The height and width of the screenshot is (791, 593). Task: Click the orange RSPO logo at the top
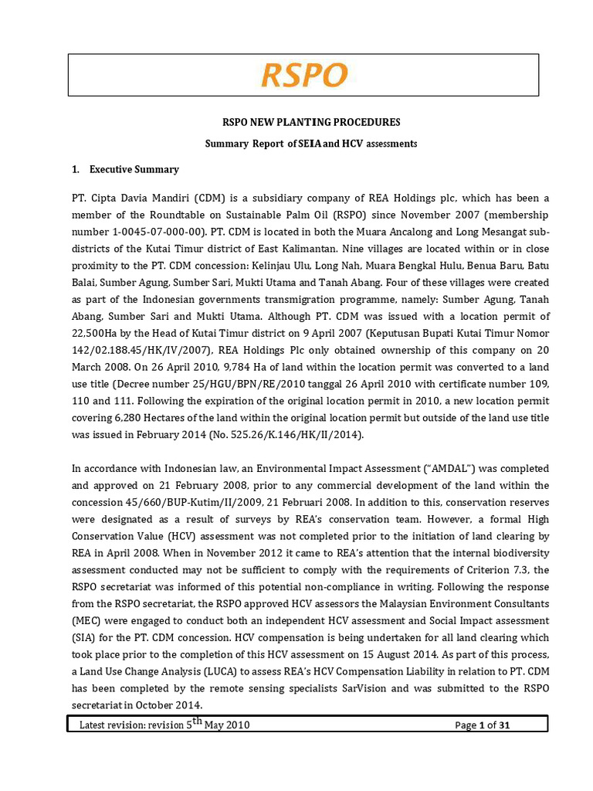(304, 76)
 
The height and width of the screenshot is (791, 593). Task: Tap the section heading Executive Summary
(134, 169)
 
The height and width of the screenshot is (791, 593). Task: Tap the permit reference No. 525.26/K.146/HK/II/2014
(296, 435)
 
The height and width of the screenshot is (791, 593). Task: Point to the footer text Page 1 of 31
(483, 725)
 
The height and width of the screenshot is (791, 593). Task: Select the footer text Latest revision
(116, 725)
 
